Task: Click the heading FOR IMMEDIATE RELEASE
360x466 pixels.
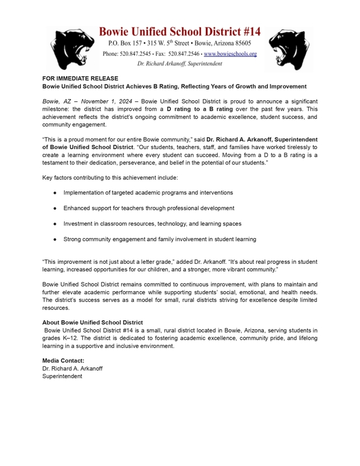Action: (x=80, y=78)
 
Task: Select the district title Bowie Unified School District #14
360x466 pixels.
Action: (x=179, y=31)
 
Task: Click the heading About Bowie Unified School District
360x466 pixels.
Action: (x=93, y=322)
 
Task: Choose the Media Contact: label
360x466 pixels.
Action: (x=63, y=361)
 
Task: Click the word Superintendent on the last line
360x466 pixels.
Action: (x=62, y=376)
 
